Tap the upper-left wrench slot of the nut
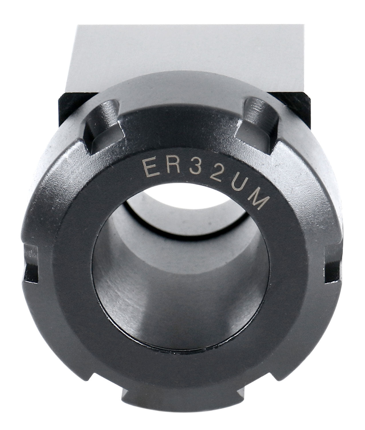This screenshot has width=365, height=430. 103,124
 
